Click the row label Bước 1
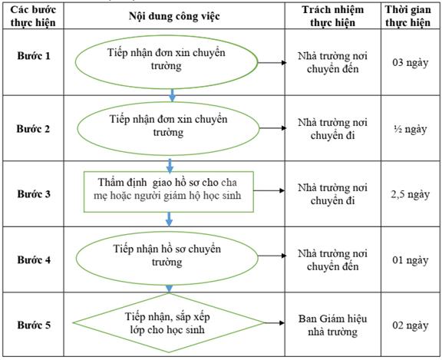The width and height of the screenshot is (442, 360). tap(34, 55)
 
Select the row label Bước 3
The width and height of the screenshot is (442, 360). tap(34, 194)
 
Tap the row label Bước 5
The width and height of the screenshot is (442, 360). tap(34, 325)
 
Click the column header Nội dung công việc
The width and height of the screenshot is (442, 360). tap(174, 16)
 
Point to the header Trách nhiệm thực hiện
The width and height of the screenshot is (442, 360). tap(332, 16)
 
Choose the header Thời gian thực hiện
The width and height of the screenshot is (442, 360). tap(408, 16)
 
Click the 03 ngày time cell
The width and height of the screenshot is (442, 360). tap(410, 62)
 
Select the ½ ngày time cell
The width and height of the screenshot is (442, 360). tap(410, 129)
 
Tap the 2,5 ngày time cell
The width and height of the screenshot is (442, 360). tap(410, 194)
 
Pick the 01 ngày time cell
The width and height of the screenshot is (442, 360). tap(410, 260)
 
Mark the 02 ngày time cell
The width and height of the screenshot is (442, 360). tap(410, 325)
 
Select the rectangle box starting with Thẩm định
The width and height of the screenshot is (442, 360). tap(169, 172)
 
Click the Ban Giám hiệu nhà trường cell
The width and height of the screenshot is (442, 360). tap(332, 325)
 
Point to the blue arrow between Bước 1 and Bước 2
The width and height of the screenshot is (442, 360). tap(172, 95)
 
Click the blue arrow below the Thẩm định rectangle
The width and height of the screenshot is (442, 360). tap(169, 219)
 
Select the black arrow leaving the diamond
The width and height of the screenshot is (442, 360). tap(274, 323)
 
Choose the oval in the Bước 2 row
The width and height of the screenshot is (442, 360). tap(168, 103)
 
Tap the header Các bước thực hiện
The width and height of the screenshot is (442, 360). tap(33, 16)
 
